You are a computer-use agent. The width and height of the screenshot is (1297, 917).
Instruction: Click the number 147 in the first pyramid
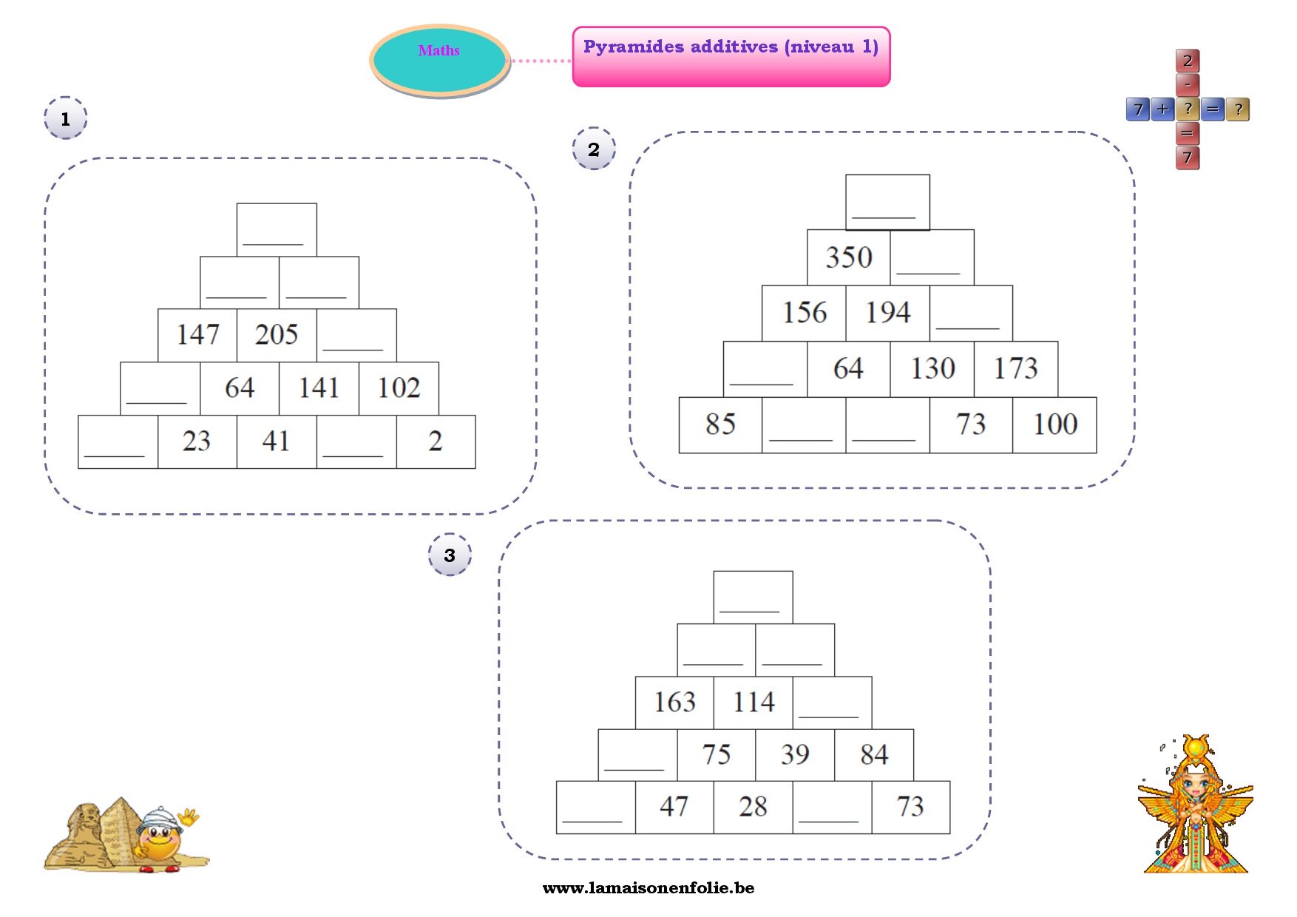[197, 334]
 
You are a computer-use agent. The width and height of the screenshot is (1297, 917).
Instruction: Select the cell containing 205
[277, 334]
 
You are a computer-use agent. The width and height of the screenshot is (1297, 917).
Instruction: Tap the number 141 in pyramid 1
[319, 388]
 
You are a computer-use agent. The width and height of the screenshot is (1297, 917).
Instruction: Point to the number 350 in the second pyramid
[849, 257]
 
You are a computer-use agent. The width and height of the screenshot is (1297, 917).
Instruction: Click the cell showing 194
[887, 313]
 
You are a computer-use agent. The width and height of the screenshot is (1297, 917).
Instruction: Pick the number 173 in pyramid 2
[1015, 368]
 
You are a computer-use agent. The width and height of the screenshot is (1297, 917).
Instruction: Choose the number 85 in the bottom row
[720, 424]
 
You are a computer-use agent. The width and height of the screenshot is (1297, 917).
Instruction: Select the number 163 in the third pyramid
[674, 702]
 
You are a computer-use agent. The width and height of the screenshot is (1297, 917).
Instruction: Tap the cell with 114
[754, 702]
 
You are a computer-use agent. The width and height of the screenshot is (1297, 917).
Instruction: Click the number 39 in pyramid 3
[795, 754]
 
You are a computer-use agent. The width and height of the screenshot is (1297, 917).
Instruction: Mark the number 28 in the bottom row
[753, 807]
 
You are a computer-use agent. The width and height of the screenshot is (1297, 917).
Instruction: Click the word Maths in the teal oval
[438, 51]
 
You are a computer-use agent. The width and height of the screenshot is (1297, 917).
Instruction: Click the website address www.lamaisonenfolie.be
[648, 888]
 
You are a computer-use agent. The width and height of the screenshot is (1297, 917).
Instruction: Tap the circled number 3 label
[450, 555]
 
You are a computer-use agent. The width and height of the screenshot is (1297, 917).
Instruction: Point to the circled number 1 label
[65, 118]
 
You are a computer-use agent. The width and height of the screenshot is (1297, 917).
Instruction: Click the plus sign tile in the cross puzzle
[1162, 109]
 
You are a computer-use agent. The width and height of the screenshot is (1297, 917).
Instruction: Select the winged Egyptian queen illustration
[1195, 806]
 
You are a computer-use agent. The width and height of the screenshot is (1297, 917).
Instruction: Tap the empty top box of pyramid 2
[887, 201]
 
